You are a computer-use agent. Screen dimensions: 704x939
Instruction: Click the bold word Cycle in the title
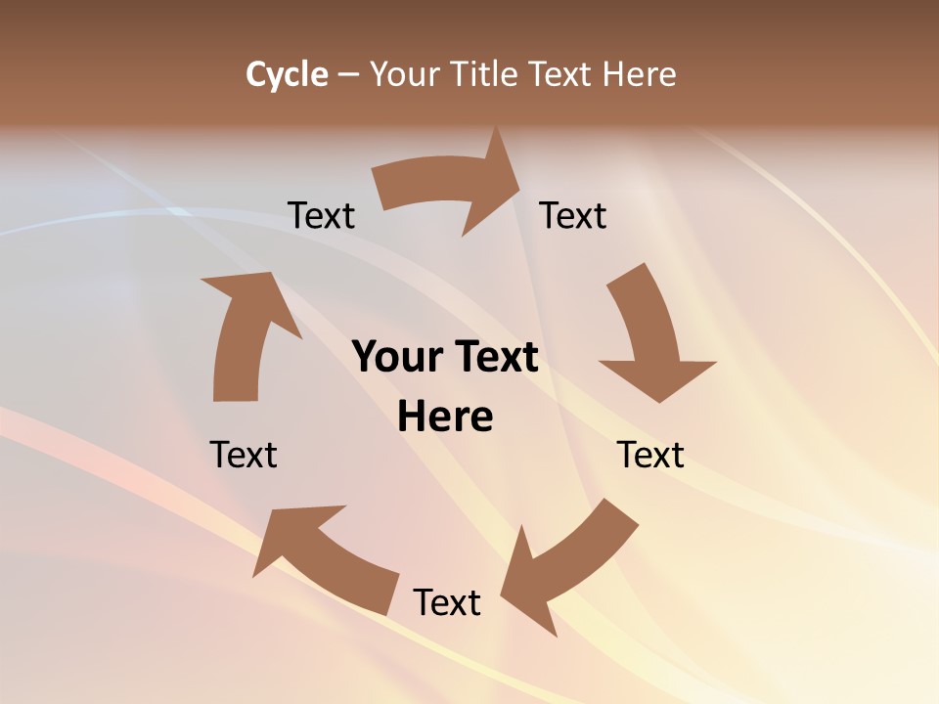pos(287,74)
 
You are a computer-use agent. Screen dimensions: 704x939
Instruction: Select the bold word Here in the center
pos(445,418)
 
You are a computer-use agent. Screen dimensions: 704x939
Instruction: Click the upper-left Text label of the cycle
pos(321,215)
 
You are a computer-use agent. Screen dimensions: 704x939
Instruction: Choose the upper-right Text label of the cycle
pos(573,215)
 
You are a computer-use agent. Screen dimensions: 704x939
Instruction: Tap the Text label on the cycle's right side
pos(650,455)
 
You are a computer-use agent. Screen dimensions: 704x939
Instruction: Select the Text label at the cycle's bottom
pos(447,602)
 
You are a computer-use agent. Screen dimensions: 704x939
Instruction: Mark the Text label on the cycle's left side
pos(244,455)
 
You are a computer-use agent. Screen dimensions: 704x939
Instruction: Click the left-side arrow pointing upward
pos(245,332)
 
